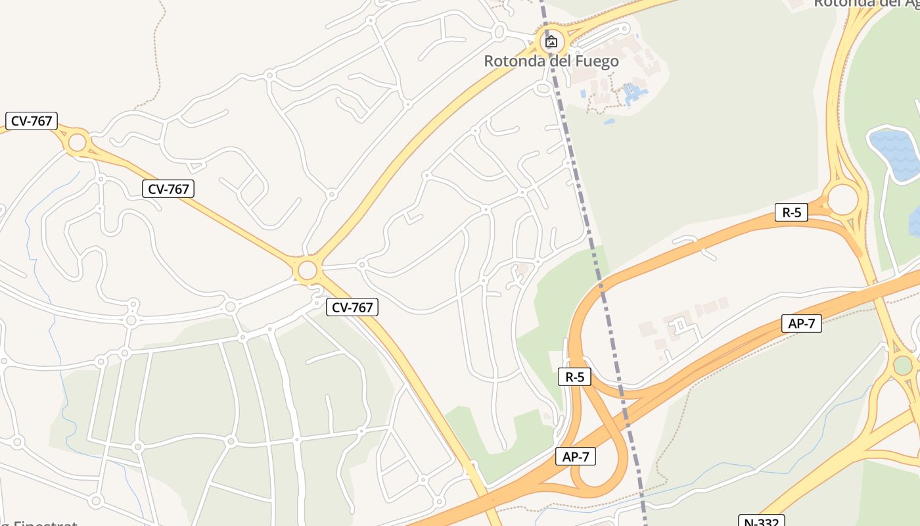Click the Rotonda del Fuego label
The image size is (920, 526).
tap(551, 61)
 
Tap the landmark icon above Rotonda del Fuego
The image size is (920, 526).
tap(551, 42)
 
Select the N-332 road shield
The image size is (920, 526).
tap(762, 521)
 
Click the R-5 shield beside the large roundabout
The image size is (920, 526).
tap(791, 212)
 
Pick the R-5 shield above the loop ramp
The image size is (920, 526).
tap(574, 377)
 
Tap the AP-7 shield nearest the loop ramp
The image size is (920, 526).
tap(576, 456)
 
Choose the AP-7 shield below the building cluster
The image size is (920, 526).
tap(801, 323)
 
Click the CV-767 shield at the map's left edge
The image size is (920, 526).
tap(32, 121)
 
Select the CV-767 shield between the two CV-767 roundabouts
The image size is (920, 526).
tap(168, 189)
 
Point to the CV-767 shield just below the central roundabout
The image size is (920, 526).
tap(352, 306)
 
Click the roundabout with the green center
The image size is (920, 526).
tap(903, 365)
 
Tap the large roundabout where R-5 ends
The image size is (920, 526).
tap(842, 199)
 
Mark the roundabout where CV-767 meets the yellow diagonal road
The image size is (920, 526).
tap(307, 270)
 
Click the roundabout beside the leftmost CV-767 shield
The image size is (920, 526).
tap(78, 142)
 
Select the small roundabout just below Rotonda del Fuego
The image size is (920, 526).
tap(543, 88)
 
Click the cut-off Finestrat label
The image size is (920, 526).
tap(39, 523)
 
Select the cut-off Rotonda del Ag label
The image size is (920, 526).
tap(866, 3)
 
